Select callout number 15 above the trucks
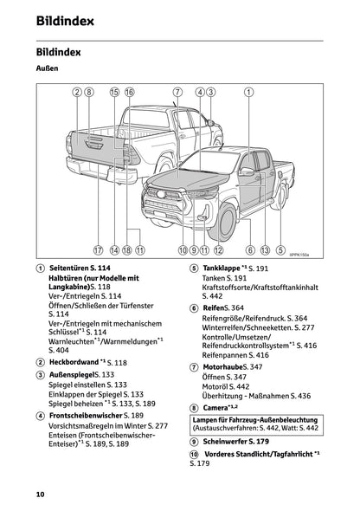[114, 91]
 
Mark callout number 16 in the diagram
[130, 91]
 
